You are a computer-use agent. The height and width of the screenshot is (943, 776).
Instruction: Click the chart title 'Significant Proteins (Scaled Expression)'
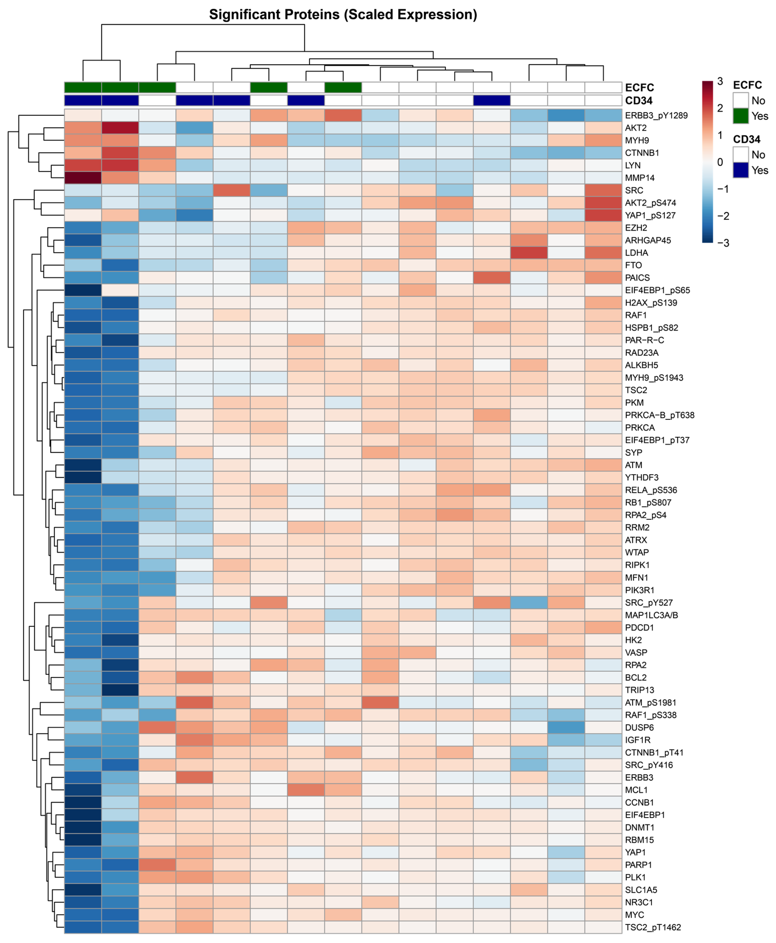[343, 15]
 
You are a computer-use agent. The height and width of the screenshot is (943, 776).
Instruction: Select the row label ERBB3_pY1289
[656, 115]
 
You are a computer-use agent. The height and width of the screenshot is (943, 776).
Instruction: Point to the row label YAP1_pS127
[650, 215]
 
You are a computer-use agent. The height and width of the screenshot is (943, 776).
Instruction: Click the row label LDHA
[636, 253]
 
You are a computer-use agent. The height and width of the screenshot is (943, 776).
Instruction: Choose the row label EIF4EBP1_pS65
[657, 290]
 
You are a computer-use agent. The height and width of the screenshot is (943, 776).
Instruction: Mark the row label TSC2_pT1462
[653, 927]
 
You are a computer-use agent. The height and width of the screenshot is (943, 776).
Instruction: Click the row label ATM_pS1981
[650, 703]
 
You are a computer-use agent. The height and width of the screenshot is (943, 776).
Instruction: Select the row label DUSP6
[639, 728]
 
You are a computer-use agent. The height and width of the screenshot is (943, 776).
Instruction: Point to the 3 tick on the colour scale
[720, 81]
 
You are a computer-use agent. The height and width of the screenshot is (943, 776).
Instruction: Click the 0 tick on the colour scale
[720, 162]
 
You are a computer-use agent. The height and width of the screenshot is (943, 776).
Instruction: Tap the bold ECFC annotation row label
[639, 88]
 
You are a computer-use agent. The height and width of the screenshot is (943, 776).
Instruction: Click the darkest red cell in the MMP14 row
[83, 178]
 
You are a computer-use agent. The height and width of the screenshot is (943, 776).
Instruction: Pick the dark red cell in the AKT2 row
[120, 128]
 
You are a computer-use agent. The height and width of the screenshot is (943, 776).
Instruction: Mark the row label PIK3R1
[639, 590]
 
